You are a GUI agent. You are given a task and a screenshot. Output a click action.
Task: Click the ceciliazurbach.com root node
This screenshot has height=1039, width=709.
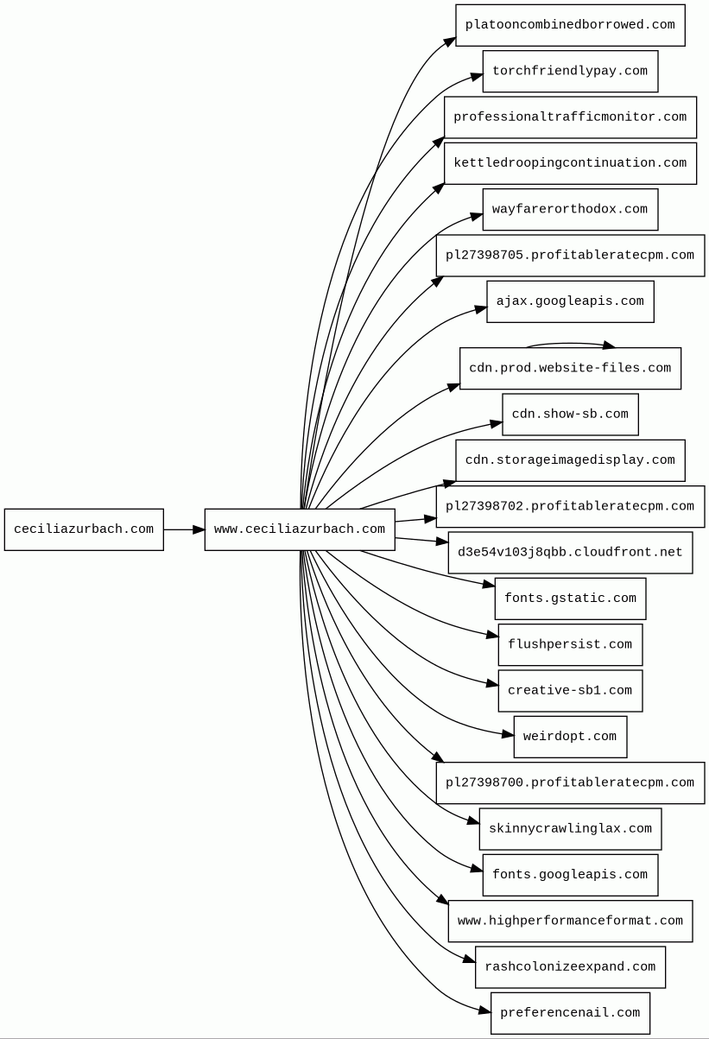[84, 529]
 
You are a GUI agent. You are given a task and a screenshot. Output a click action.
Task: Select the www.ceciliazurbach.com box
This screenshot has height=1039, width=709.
[300, 529]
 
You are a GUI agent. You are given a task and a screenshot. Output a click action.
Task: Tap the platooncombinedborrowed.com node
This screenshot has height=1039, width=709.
[570, 26]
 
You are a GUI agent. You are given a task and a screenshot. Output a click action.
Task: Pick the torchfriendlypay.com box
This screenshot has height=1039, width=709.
[570, 72]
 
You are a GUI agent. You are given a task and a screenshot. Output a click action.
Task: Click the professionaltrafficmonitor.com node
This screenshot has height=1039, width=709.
[570, 117]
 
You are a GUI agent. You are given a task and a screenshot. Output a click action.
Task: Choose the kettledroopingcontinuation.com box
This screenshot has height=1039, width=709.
[570, 163]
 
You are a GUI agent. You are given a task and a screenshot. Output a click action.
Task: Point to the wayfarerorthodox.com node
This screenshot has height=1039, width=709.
[570, 210]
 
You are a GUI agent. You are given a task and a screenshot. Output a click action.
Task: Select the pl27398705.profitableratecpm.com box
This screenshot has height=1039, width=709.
[570, 256]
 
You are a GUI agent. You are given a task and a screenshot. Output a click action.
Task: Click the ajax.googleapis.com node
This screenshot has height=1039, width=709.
[570, 301]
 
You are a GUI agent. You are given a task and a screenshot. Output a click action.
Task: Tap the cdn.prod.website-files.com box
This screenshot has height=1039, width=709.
[570, 368]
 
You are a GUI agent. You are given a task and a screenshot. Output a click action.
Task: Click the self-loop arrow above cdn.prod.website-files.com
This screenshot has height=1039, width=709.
[570, 344]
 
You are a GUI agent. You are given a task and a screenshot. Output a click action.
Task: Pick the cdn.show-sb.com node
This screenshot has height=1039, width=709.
[570, 415]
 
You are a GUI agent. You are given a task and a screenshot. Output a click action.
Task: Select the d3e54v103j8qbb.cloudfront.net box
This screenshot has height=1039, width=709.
[570, 553]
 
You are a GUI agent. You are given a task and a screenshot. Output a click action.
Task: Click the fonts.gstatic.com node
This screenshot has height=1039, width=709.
[570, 599]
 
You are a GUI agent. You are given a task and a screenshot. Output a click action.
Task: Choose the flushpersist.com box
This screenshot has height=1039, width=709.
[570, 645]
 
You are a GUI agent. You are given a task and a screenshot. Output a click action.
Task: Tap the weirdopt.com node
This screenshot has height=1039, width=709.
[570, 737]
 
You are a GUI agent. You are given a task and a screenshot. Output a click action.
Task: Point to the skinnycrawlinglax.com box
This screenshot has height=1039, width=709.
[570, 829]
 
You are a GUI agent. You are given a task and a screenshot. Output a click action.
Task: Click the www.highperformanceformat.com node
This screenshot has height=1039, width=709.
[570, 921]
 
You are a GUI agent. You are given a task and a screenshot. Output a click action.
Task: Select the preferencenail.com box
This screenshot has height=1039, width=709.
[570, 1013]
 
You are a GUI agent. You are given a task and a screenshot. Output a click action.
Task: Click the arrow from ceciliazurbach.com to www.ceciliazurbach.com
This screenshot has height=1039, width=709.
[184, 529]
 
